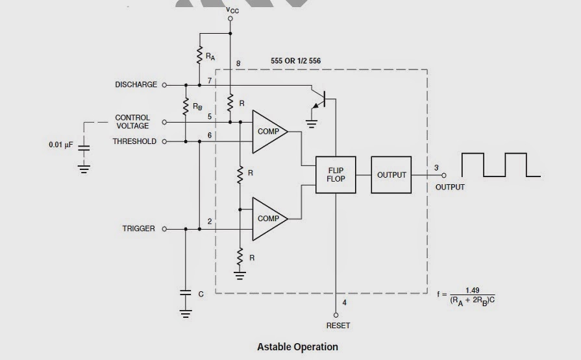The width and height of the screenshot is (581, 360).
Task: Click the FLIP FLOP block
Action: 336,174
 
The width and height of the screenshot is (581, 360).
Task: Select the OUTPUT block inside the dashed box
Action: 391,174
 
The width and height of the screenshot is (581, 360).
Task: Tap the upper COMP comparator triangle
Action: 267,131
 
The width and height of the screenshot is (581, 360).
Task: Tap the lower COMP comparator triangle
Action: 267,219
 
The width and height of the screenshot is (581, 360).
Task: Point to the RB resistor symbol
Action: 185,107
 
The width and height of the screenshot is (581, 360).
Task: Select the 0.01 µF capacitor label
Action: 62,145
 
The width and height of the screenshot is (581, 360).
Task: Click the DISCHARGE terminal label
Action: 136,85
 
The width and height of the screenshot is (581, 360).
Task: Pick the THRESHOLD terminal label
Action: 134,141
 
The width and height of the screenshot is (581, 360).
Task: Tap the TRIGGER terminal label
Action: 139,229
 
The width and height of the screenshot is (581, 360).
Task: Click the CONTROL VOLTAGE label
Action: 132,122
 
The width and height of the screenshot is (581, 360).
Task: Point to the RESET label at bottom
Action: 338,325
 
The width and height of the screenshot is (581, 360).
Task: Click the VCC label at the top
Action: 231,10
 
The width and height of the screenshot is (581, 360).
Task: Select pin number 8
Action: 238,64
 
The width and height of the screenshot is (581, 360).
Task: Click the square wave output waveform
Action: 501,165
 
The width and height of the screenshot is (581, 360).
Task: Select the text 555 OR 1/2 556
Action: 295,61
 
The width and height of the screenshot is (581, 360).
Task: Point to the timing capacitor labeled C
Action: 186,293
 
